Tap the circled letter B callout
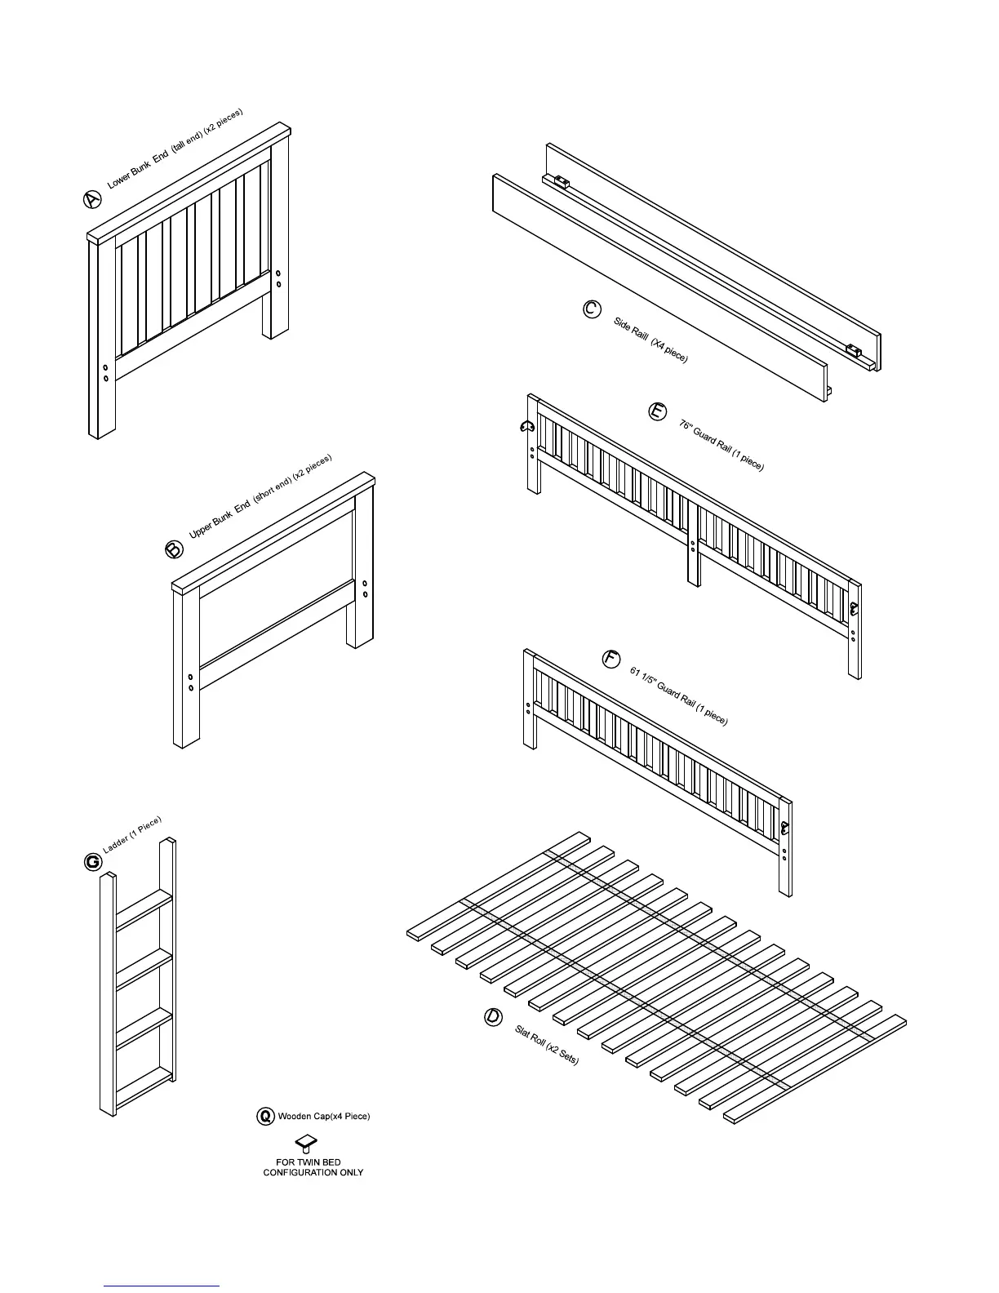click(x=175, y=549)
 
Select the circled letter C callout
click(x=593, y=309)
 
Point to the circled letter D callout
click(x=493, y=1017)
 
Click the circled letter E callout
click(x=657, y=412)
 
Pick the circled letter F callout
click(x=611, y=660)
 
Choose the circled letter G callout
click(x=93, y=862)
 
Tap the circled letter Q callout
click(x=265, y=1116)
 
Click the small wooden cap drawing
click(x=305, y=1141)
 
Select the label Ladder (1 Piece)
click(x=132, y=835)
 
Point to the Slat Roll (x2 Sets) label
click(x=547, y=1045)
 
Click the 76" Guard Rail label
click(x=721, y=445)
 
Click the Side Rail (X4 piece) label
click(x=650, y=340)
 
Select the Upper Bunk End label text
click(x=261, y=495)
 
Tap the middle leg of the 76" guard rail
click(x=694, y=547)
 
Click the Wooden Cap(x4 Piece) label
click(x=324, y=1116)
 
